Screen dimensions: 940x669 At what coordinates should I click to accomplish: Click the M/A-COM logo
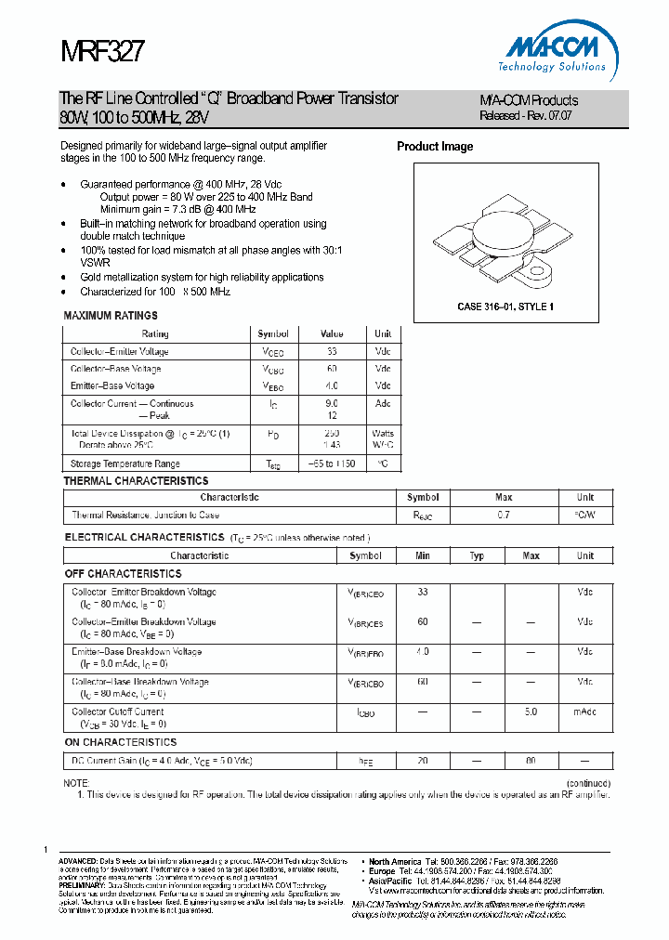[557, 50]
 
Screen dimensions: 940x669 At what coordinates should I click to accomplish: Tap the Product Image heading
[435, 147]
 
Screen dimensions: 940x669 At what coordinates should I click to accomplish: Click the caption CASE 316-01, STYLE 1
[505, 307]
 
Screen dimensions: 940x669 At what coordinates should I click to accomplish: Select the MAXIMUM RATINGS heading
[111, 316]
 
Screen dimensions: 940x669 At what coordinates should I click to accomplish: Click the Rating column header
[155, 333]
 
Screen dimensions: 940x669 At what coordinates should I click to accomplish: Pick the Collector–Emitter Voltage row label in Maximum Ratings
[120, 351]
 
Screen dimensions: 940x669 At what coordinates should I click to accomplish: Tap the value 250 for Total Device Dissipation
[332, 434]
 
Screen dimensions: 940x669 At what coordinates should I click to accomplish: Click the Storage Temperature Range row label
[125, 463]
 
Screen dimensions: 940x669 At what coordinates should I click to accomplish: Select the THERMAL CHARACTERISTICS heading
[136, 481]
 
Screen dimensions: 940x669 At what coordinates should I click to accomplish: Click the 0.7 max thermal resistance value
[504, 515]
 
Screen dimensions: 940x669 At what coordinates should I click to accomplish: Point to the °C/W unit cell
[584, 515]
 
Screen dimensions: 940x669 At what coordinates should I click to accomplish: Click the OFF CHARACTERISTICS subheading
[123, 574]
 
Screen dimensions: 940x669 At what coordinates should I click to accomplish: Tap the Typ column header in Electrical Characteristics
[477, 555]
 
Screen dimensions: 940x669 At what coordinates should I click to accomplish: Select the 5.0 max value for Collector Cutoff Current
[531, 712]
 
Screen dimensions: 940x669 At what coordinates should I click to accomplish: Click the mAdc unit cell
[584, 712]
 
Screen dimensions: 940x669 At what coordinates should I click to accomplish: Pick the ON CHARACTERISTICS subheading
[120, 742]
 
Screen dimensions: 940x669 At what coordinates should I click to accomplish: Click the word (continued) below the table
[587, 783]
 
